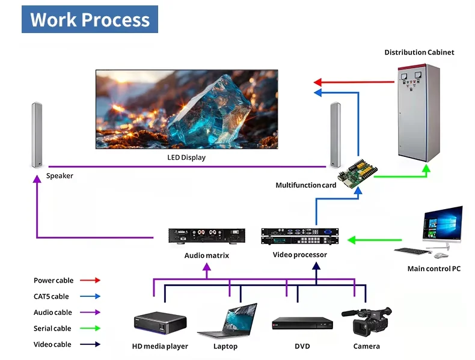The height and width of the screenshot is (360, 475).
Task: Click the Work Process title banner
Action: (90, 19)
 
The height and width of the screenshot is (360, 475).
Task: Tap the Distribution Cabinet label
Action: (419, 52)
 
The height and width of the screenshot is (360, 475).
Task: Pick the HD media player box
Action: (160, 323)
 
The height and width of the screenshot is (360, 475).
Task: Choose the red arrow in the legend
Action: (90, 280)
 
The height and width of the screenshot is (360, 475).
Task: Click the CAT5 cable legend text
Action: (51, 296)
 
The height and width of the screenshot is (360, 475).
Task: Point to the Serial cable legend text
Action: (52, 329)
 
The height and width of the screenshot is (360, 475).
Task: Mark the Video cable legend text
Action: (52, 344)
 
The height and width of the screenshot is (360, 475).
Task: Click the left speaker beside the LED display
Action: (37, 135)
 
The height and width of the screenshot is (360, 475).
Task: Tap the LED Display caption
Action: (186, 157)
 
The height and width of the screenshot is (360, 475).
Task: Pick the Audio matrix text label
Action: (206, 255)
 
